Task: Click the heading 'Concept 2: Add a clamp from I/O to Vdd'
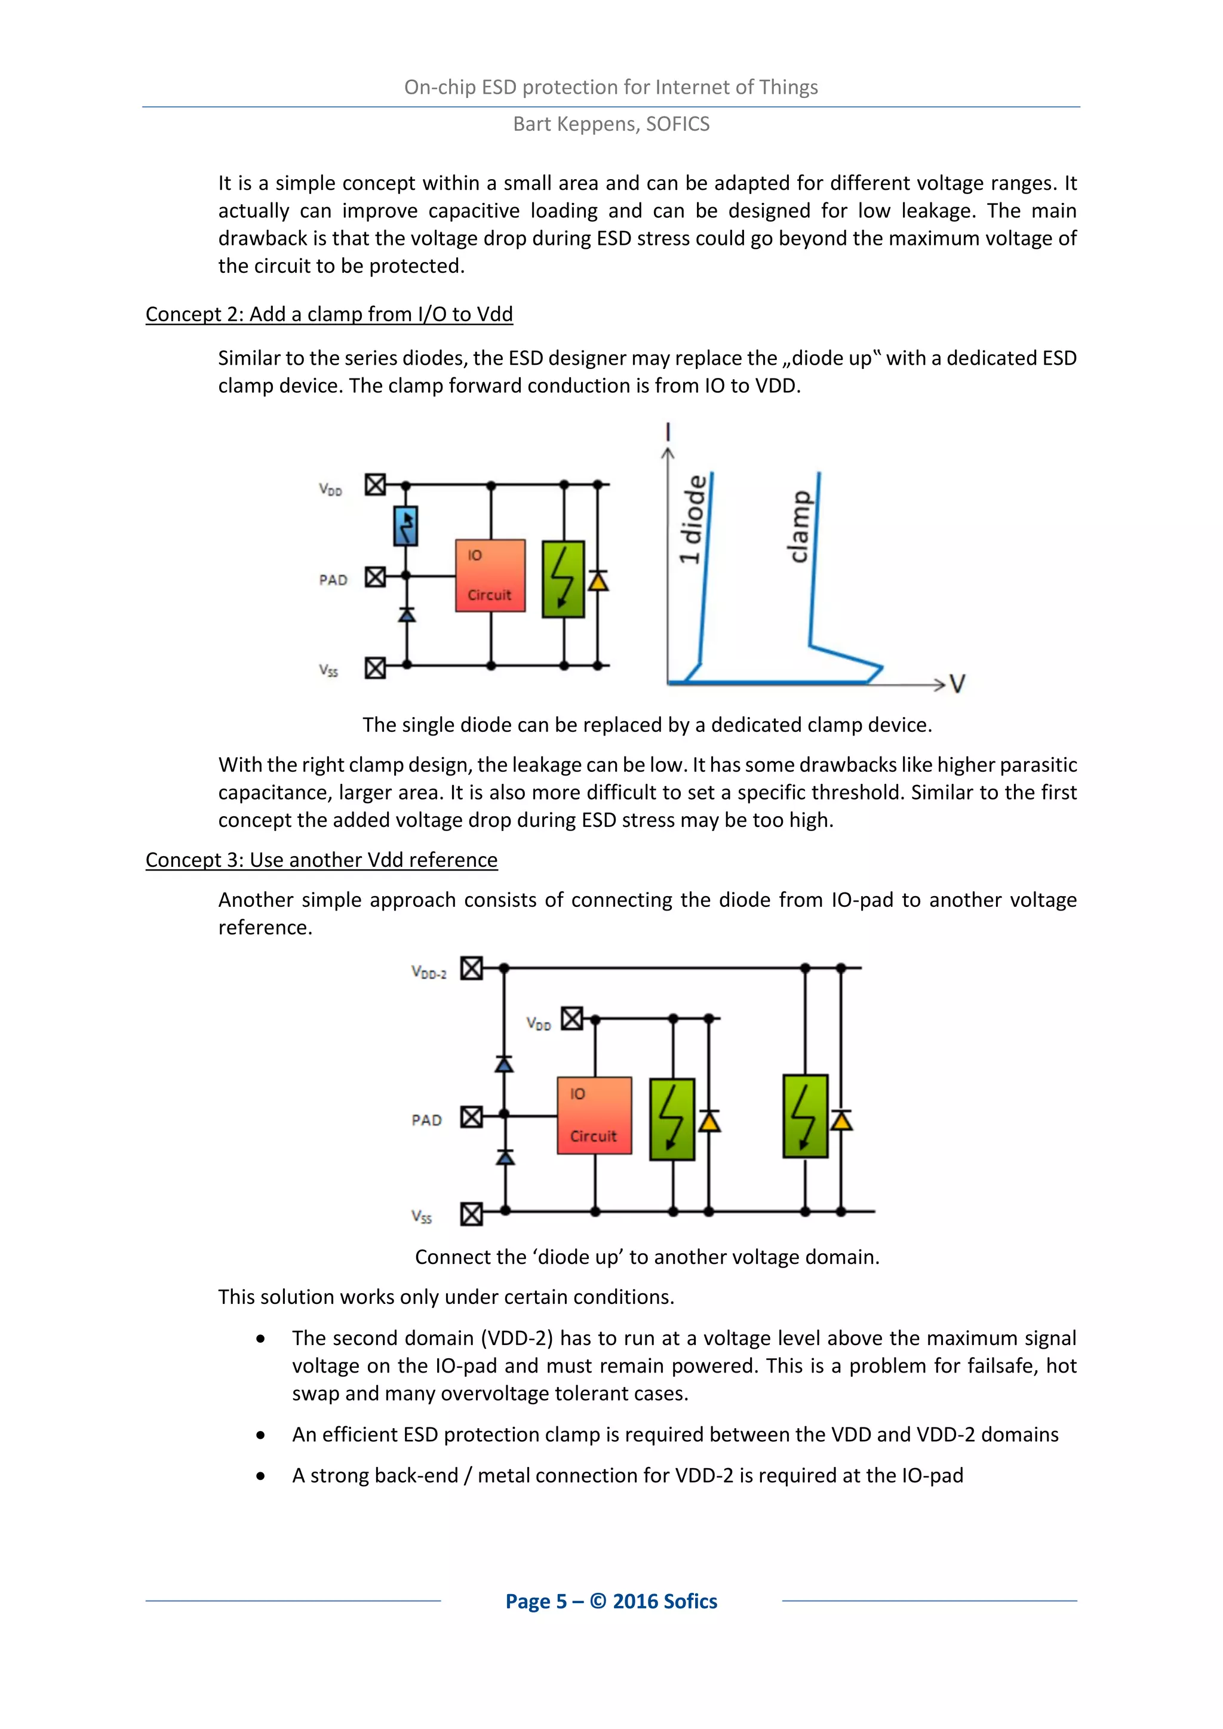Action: (329, 314)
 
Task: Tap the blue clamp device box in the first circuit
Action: (406, 525)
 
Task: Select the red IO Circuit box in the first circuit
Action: (490, 576)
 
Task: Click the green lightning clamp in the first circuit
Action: (563, 579)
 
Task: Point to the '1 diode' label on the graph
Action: (693, 519)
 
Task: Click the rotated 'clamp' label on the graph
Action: (800, 527)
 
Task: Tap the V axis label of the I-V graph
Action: (957, 684)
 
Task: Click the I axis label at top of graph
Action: (667, 432)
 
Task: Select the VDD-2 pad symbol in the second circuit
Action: (471, 968)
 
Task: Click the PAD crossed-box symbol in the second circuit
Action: (471, 1117)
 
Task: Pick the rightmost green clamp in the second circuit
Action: (805, 1116)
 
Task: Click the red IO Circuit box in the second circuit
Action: (594, 1115)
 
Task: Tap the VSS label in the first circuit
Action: (328, 670)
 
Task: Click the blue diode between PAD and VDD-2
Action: (504, 1064)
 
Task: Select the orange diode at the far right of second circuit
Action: (841, 1121)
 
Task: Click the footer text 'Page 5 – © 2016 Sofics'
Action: (611, 1601)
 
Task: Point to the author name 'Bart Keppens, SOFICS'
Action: (611, 124)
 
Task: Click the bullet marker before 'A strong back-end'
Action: (260, 1476)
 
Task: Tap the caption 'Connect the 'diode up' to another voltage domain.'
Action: (647, 1257)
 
